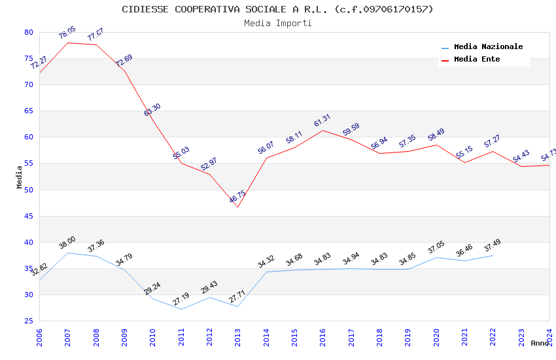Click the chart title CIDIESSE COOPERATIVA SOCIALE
[277, 9]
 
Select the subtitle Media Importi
[277, 23]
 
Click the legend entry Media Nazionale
[488, 47]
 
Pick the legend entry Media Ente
[477, 60]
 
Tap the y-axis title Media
[20, 177]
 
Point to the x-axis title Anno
[540, 343]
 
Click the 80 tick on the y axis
[28, 32]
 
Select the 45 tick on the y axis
[28, 216]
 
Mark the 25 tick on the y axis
[28, 321]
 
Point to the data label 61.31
[322, 121]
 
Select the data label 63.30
[152, 110]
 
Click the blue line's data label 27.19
[181, 299]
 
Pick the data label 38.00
[67, 243]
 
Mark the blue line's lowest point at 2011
[181, 309]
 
